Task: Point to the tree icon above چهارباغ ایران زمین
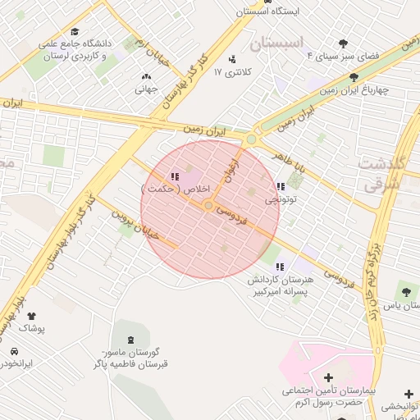[354, 76]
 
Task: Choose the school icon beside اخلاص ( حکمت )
[174, 176]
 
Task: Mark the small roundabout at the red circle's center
[209, 205]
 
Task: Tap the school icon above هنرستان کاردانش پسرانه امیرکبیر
[280, 266]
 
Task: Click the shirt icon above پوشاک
[31, 316]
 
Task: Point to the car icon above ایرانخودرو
[14, 351]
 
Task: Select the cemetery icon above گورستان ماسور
[130, 340]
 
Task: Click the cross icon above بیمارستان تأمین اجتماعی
[329, 377]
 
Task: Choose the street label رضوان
[231, 169]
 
